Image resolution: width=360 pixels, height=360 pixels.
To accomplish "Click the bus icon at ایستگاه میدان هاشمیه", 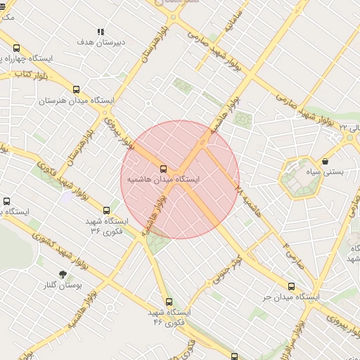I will (x=163, y=169).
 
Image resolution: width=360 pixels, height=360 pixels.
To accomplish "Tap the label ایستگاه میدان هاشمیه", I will (x=163, y=180).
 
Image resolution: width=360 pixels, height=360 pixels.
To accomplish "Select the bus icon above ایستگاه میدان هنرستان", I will (x=76, y=89).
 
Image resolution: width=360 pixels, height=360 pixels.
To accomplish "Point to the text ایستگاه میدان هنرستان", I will (x=76, y=101).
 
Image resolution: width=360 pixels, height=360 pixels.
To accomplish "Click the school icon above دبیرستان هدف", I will (x=101, y=32).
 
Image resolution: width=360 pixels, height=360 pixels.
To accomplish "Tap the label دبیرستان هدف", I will (x=101, y=42).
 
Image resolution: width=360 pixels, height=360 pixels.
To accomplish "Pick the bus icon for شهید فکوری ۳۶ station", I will (x=107, y=210).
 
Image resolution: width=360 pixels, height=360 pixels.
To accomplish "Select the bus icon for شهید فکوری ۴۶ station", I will (x=167, y=302).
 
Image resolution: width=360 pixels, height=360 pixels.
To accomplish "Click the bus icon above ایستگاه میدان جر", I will (x=291, y=285).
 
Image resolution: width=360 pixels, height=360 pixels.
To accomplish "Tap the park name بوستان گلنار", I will (x=64, y=286).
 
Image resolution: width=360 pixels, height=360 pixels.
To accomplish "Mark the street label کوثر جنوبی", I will (x=229, y=271).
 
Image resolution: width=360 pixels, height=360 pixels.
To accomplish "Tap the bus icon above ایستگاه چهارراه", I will (x=15, y=48).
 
